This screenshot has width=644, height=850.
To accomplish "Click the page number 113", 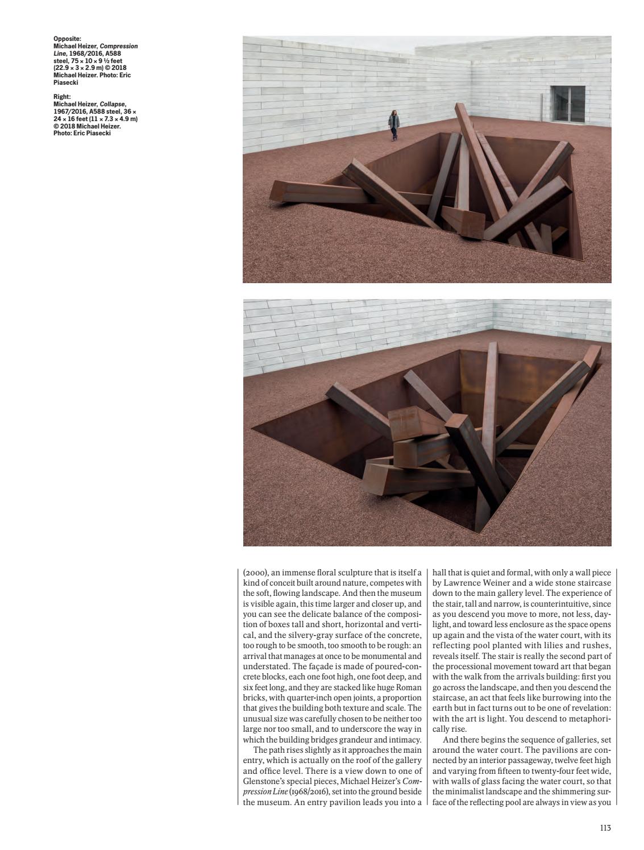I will pos(605,828).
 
